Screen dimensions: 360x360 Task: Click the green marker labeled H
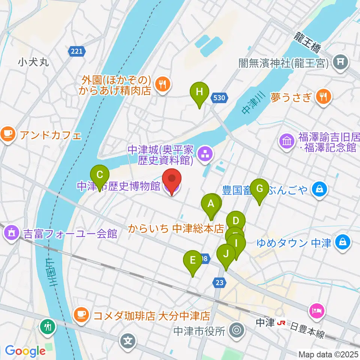coord(199,92)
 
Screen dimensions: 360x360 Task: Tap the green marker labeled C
coord(100,175)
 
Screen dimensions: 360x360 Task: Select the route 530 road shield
coord(219,98)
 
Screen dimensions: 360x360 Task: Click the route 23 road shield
coord(219,282)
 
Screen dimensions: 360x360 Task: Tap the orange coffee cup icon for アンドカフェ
coord(8,133)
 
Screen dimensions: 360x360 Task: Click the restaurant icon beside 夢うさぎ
coord(323,97)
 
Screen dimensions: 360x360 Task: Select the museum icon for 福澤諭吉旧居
coord(287,142)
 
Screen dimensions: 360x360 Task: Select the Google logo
coord(25,351)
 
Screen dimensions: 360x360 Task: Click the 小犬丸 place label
coord(33,62)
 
